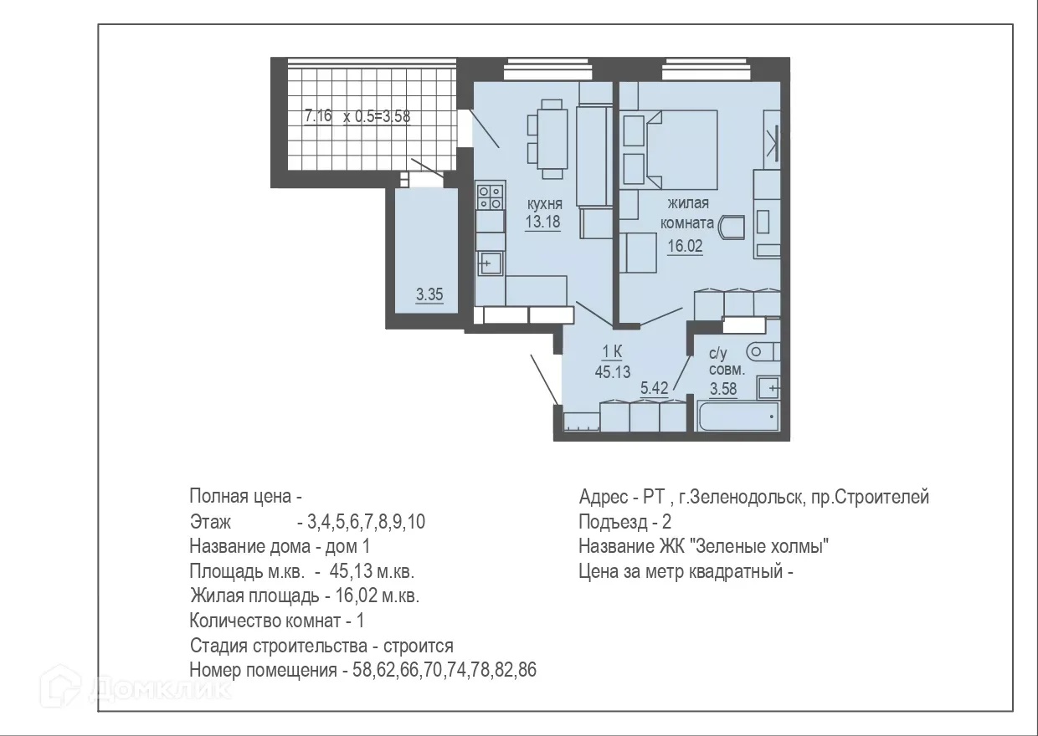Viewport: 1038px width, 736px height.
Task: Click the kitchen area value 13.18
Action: pyautogui.click(x=542, y=222)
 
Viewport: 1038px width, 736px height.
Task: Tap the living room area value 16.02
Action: pyautogui.click(x=684, y=245)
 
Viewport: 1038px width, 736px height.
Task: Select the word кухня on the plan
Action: pyautogui.click(x=543, y=204)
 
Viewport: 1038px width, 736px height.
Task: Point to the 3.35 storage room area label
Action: pyautogui.click(x=429, y=294)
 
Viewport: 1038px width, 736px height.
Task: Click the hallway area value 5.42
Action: pyautogui.click(x=655, y=387)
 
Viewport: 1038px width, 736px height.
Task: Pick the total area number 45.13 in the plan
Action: pyautogui.click(x=612, y=372)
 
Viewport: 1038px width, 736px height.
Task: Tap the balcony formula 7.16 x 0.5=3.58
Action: pyautogui.click(x=357, y=117)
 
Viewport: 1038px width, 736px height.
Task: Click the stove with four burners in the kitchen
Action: pyautogui.click(x=490, y=197)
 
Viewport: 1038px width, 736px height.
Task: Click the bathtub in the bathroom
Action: pyautogui.click(x=737, y=416)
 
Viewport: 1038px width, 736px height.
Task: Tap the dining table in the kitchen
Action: pyautogui.click(x=551, y=138)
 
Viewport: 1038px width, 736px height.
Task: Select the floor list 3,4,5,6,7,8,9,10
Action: pyautogui.click(x=367, y=523)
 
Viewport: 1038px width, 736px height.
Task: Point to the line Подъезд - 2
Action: pyautogui.click(x=624, y=522)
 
